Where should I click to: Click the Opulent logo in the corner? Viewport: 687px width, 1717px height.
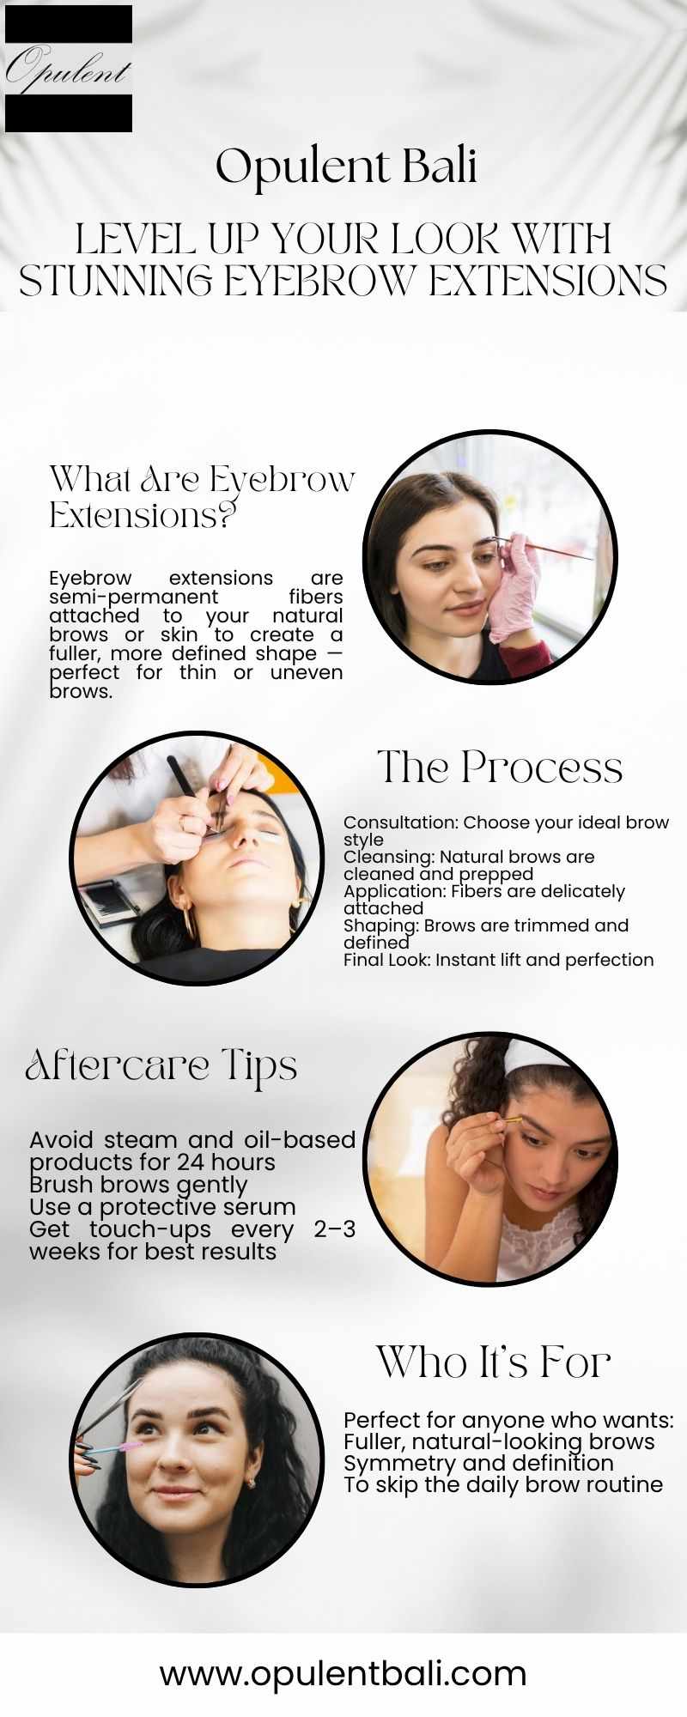69,69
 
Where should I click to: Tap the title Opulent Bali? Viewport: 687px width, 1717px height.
346,167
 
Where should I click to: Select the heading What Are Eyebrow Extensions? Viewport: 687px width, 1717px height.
202,497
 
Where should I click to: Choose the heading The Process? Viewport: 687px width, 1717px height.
500,767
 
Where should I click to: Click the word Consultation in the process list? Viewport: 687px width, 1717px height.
399,822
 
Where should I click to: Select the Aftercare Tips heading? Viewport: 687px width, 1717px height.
161,1066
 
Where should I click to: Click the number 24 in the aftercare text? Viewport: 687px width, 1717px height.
192,1162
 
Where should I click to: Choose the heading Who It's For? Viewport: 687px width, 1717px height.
493,1362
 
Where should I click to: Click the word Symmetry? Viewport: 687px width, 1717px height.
392,1464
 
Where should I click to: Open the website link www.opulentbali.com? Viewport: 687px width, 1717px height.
343,1673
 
